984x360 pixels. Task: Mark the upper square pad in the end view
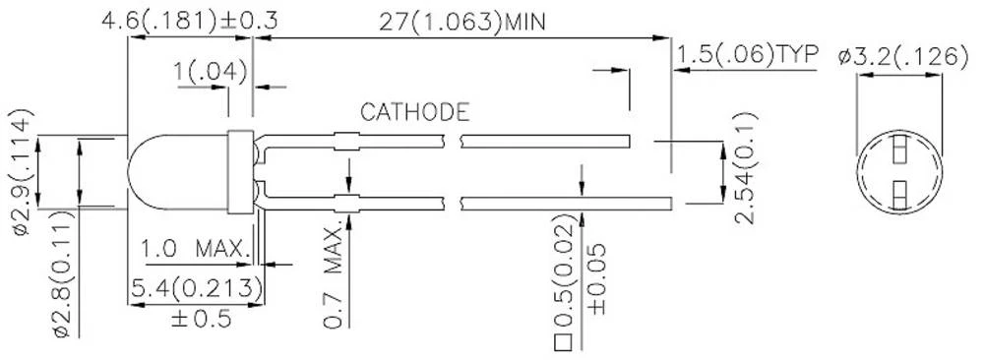pos(898,151)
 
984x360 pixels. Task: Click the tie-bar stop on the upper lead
pos(344,139)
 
